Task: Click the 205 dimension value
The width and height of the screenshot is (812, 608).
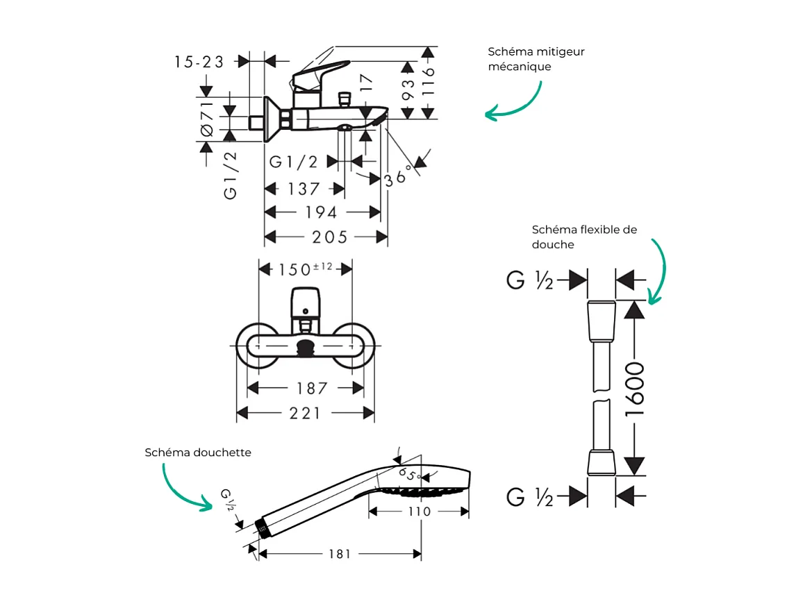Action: click(x=329, y=237)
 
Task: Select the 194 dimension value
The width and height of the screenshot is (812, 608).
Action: click(x=322, y=212)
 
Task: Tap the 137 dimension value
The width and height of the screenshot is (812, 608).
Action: click(x=304, y=189)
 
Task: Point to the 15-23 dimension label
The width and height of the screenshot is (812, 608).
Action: click(x=199, y=62)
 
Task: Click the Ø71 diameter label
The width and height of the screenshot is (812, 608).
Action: click(x=207, y=119)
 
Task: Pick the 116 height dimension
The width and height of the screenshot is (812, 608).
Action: click(x=428, y=83)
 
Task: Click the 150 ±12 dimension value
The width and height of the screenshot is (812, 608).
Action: click(x=306, y=269)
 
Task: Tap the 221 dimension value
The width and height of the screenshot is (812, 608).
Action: click(x=305, y=414)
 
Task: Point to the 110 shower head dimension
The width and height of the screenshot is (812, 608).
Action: click(x=419, y=512)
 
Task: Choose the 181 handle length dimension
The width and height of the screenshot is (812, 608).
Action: click(x=340, y=554)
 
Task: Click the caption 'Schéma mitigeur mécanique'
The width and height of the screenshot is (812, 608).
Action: click(x=536, y=59)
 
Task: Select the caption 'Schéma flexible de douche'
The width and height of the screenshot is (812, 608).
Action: click(x=583, y=237)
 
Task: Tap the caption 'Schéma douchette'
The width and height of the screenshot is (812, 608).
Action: click(x=198, y=453)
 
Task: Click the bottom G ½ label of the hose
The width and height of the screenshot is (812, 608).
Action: click(x=530, y=497)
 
